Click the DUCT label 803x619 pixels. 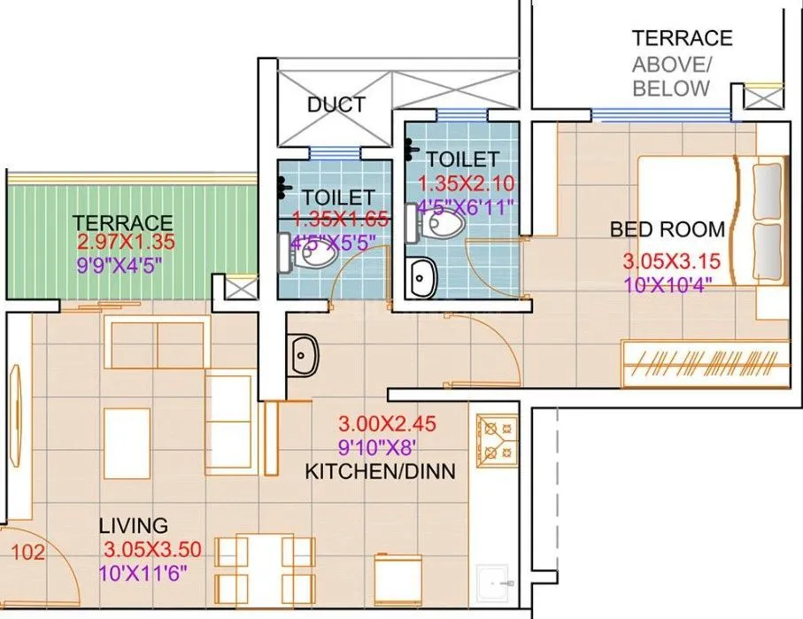[x=336, y=104]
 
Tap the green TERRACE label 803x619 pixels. [x=123, y=222]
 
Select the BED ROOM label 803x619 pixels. [x=667, y=229]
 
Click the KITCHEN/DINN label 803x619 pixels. [x=380, y=471]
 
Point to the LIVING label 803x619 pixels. [x=133, y=526]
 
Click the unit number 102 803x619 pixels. [x=27, y=553]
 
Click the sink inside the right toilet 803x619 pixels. [x=423, y=278]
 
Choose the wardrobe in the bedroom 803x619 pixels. [x=705, y=364]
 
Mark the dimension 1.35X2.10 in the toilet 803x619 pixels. [x=466, y=184]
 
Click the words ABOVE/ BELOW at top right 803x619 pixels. [x=670, y=76]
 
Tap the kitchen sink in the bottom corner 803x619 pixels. [x=495, y=584]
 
